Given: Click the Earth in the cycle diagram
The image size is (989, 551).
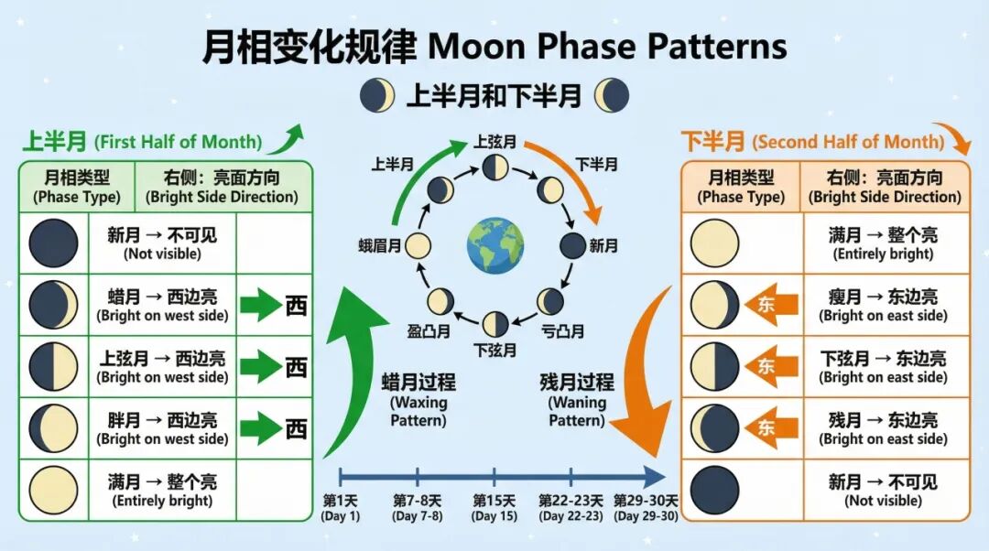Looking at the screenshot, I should (x=494, y=245).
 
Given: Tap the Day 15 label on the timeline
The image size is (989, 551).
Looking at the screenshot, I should (x=494, y=508).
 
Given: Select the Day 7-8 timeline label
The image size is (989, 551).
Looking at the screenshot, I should (x=418, y=508).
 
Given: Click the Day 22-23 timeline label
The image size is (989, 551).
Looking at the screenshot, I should (x=571, y=508).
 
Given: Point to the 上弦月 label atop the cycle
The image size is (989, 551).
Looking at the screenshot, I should (x=495, y=142).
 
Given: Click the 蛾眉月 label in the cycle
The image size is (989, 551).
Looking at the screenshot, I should (x=380, y=245).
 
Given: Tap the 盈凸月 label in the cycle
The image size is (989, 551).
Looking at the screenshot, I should (x=429, y=330).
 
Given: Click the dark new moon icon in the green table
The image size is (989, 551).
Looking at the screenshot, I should (x=54, y=243).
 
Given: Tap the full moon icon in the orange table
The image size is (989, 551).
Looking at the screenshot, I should (x=714, y=243).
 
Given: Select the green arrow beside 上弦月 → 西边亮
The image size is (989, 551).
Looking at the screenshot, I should (x=260, y=367).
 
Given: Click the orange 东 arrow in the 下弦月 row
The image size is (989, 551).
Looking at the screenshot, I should (x=763, y=366).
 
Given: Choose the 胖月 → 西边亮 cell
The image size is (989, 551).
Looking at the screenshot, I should (x=162, y=428).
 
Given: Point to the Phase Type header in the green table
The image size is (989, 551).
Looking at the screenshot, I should (x=77, y=187).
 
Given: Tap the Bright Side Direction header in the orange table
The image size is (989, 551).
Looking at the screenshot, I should (x=885, y=187).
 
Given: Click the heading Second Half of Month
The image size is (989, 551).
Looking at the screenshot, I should (x=848, y=142).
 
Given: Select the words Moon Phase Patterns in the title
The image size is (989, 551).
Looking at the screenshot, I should (x=607, y=45).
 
